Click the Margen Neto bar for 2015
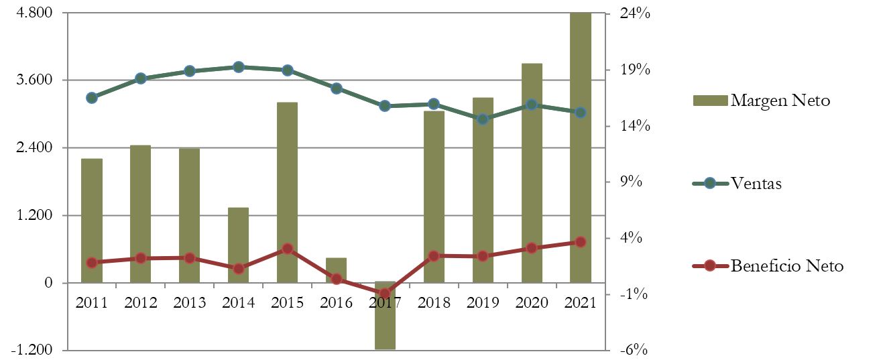coord(287,192)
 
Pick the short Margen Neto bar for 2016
coord(336,269)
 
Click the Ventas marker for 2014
coord(238,67)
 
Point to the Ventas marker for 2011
coord(92,98)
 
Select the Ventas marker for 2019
coord(482,119)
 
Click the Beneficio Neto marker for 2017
coord(385,294)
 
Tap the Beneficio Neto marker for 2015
coord(287,249)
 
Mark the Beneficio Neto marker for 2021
coord(581,242)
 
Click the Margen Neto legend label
coord(780,101)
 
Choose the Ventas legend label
coord(756,183)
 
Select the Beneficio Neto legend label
coord(787,266)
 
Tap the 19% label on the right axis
coord(633,70)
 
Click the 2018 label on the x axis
coord(434,303)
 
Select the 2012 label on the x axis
coord(141,303)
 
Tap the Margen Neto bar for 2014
coord(238,245)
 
